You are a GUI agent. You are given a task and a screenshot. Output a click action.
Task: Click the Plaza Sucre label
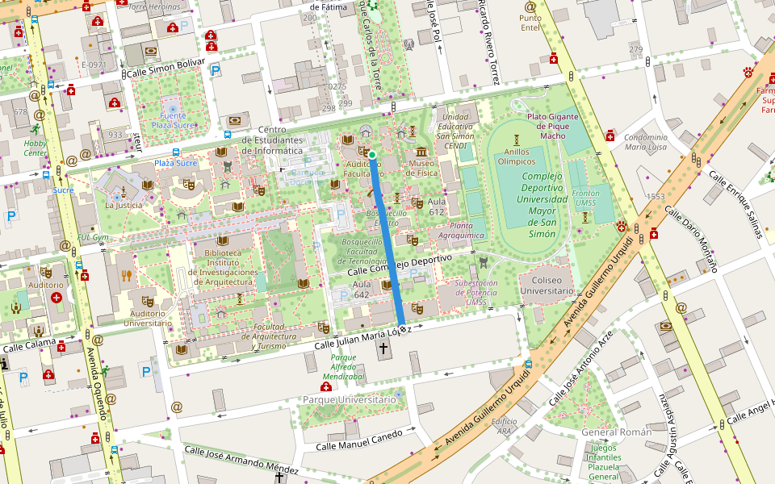[x=175, y=163]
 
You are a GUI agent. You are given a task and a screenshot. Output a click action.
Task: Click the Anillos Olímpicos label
[x=516, y=156]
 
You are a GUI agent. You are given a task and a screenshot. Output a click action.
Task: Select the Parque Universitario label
[x=349, y=399]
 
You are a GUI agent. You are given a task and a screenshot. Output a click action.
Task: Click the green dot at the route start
[x=372, y=154]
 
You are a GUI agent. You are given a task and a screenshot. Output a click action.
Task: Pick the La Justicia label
[x=123, y=205]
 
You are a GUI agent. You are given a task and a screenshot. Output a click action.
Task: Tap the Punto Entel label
[x=530, y=23]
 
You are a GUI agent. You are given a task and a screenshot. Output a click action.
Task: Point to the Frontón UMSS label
[x=584, y=198]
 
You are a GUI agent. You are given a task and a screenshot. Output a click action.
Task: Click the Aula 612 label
[x=437, y=206]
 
